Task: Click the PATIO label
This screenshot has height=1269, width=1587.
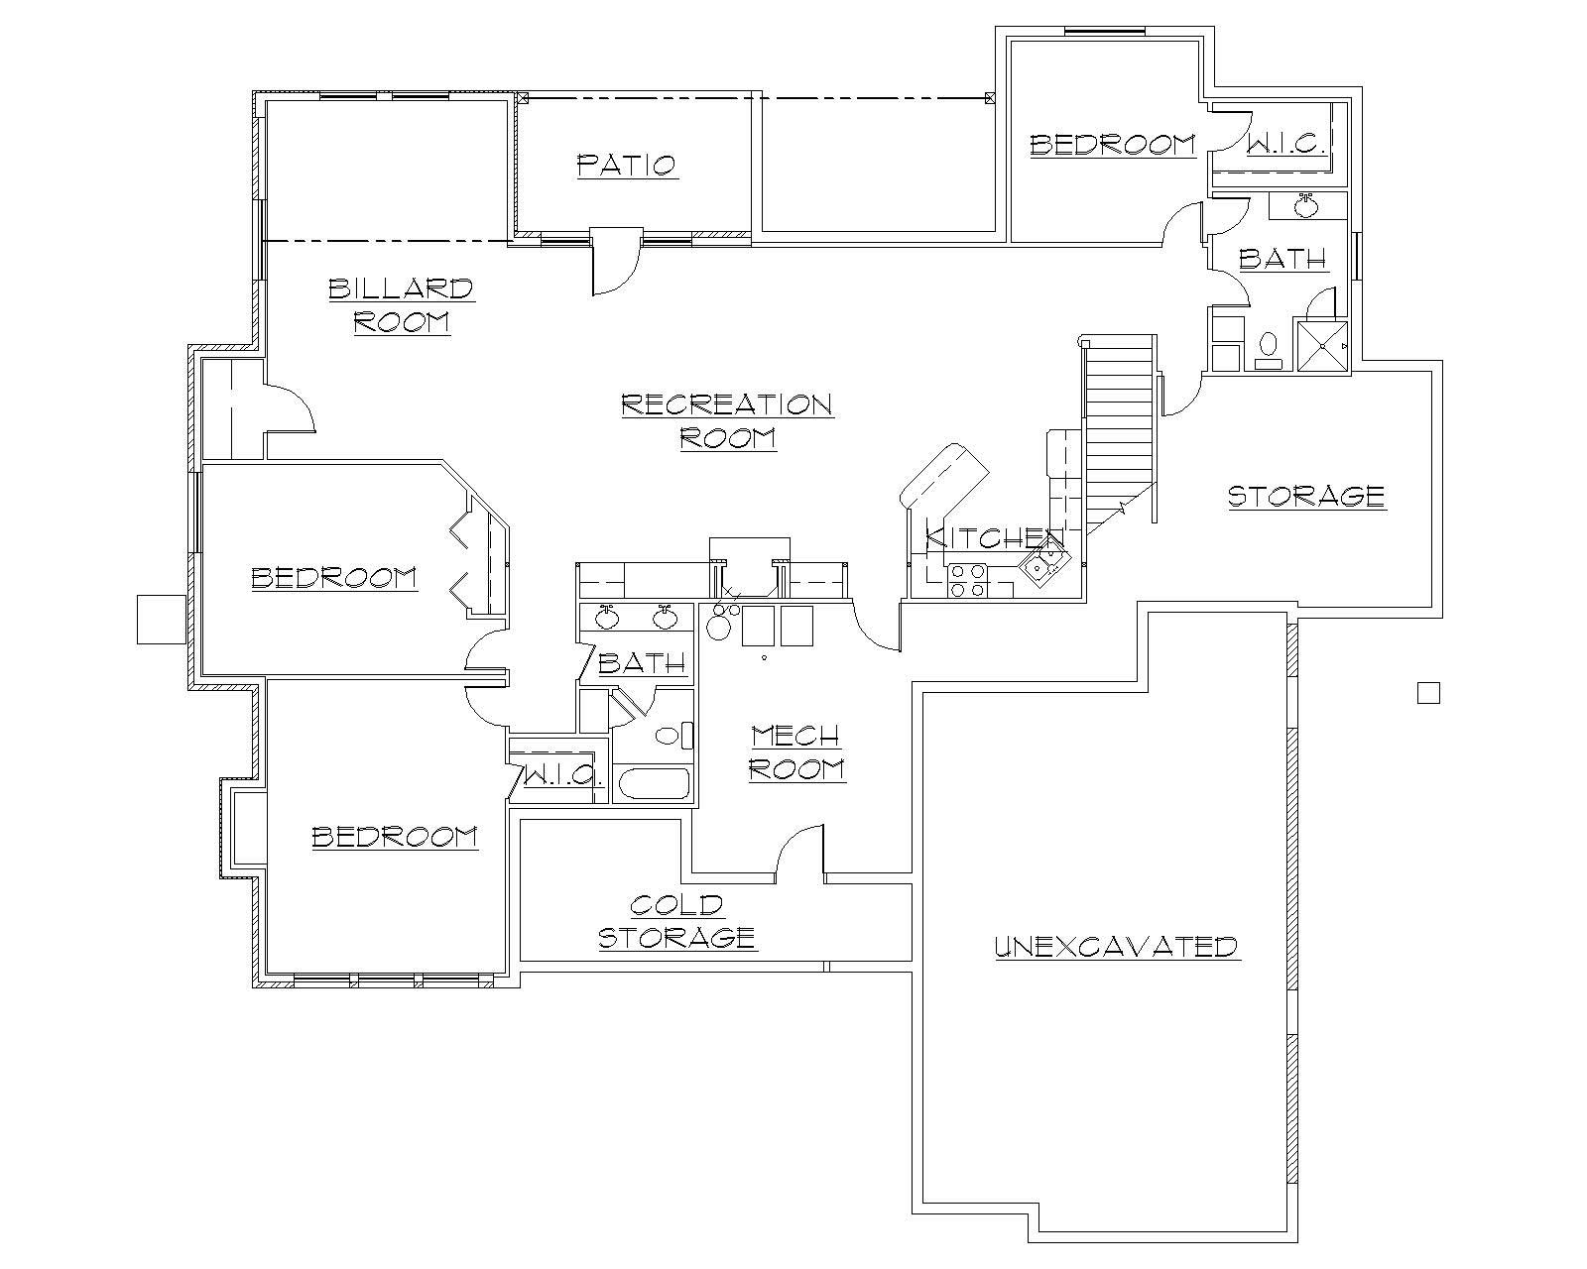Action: coord(627,165)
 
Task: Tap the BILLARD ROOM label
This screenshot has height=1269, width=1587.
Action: coord(401,305)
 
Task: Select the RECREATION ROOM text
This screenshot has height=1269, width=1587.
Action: coord(726,420)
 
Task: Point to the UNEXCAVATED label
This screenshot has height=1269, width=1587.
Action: coord(1117,946)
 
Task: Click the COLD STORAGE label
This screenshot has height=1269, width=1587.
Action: coord(677,921)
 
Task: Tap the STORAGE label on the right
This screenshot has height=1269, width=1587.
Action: coord(1306,496)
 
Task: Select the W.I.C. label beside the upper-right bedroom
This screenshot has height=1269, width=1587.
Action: coord(1285,145)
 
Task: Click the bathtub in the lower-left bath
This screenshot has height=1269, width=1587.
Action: coord(654,784)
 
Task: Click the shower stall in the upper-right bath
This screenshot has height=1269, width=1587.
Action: coord(1322,345)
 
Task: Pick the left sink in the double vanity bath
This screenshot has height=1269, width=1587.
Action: coord(607,619)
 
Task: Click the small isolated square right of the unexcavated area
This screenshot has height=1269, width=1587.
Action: coord(1427,692)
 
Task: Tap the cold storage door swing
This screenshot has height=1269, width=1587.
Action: coord(799,851)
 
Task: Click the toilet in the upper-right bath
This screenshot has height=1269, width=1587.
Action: coord(1267,346)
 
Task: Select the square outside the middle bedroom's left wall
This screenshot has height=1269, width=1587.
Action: coord(160,619)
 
